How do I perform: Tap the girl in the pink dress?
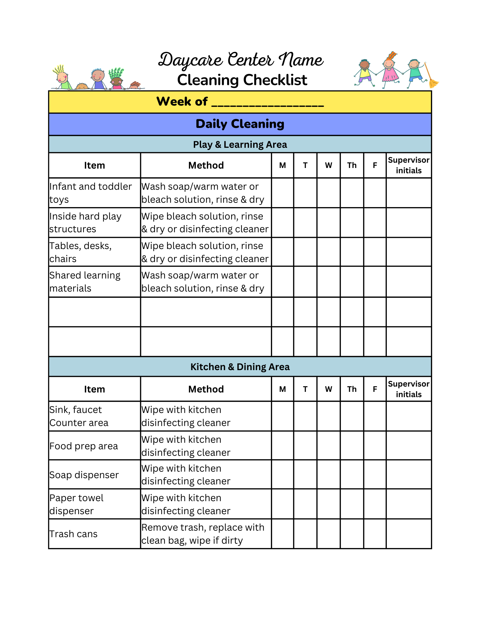pyautogui.click(x=389, y=70)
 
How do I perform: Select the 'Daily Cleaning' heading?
pyautogui.click(x=240, y=124)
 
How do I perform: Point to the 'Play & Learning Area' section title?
pyautogui.click(x=240, y=144)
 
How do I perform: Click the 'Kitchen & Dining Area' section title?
pyautogui.click(x=240, y=367)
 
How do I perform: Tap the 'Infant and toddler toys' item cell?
pyautogui.click(x=94, y=193)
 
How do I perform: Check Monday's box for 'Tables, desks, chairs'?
pyautogui.click(x=282, y=252)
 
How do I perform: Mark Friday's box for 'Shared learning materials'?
pyautogui.click(x=375, y=282)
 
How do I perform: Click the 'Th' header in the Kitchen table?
pyautogui.click(x=352, y=389)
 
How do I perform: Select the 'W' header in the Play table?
pyautogui.click(x=328, y=165)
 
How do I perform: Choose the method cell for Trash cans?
pyautogui.click(x=206, y=534)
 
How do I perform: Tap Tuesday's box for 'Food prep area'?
pyautogui.click(x=305, y=446)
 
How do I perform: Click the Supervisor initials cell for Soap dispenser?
pyautogui.click(x=409, y=474)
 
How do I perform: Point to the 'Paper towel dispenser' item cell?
pyautogui.click(x=94, y=504)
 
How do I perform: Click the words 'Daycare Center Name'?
pyautogui.click(x=240, y=60)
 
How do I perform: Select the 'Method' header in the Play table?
pyautogui.click(x=206, y=165)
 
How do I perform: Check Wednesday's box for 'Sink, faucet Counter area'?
pyautogui.click(x=328, y=416)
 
